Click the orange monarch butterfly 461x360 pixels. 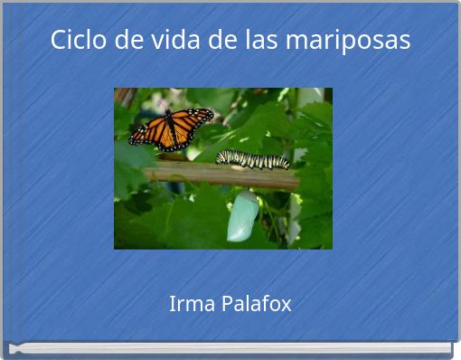[x=171, y=128]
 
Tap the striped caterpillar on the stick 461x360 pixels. [x=252, y=159]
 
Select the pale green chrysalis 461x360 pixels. [x=242, y=216]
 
